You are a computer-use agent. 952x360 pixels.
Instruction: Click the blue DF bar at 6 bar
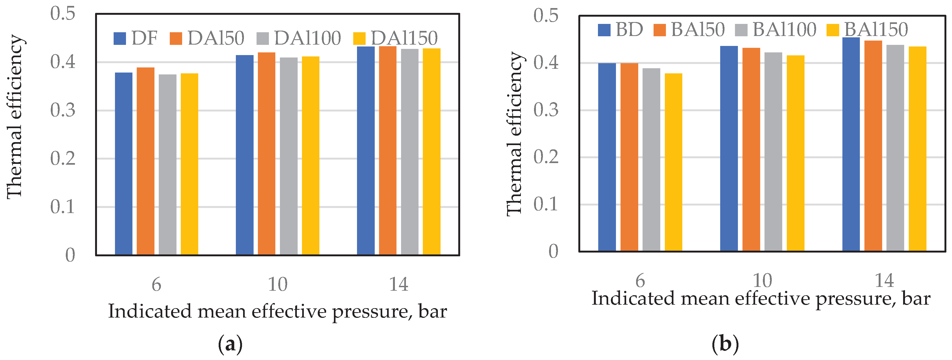pyautogui.click(x=124, y=163)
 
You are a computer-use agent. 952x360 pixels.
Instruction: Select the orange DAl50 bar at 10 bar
pyautogui.click(x=266, y=153)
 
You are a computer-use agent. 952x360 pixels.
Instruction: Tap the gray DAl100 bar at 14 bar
pyautogui.click(x=409, y=152)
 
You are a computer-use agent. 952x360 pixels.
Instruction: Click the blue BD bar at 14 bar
pyautogui.click(x=851, y=144)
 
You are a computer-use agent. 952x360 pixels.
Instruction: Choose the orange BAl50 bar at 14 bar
pyautogui.click(x=873, y=146)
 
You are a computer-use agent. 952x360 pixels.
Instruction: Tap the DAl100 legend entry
pyautogui.click(x=299, y=38)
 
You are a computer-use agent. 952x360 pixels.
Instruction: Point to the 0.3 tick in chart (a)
pyautogui.click(x=63, y=110)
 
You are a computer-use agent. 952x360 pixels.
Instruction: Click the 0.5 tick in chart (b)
pyautogui.click(x=546, y=16)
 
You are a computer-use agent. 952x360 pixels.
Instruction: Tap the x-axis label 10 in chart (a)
pyautogui.click(x=277, y=285)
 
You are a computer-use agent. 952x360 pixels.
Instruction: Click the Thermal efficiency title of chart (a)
pyautogui.click(x=15, y=116)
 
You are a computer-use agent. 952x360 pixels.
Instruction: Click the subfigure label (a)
pyautogui.click(x=230, y=344)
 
